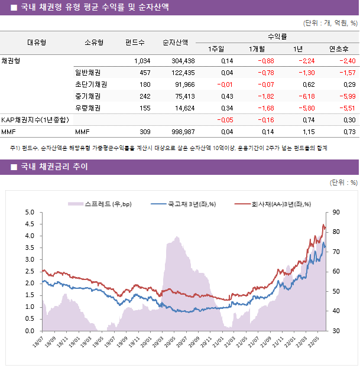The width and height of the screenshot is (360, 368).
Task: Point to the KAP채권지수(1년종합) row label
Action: point(35,120)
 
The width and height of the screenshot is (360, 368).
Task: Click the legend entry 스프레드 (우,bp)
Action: point(100,204)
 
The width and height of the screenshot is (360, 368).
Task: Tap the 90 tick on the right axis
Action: point(335,212)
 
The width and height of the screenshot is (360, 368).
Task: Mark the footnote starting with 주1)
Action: point(168,148)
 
